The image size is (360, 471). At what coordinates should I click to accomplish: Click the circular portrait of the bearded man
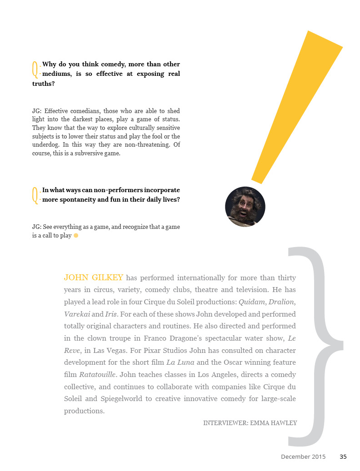(245, 207)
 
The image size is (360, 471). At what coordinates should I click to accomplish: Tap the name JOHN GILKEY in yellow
(93, 278)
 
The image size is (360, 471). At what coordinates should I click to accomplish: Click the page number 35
(343, 457)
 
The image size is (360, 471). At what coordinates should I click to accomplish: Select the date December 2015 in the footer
(303, 457)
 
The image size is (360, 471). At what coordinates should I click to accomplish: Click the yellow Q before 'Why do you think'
(35, 69)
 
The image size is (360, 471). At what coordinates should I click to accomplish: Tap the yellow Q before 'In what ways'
(35, 195)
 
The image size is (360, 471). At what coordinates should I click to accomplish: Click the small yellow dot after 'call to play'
(76, 236)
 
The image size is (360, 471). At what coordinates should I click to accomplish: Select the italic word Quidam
(252, 302)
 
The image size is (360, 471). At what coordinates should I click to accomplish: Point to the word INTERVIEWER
(225, 423)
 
